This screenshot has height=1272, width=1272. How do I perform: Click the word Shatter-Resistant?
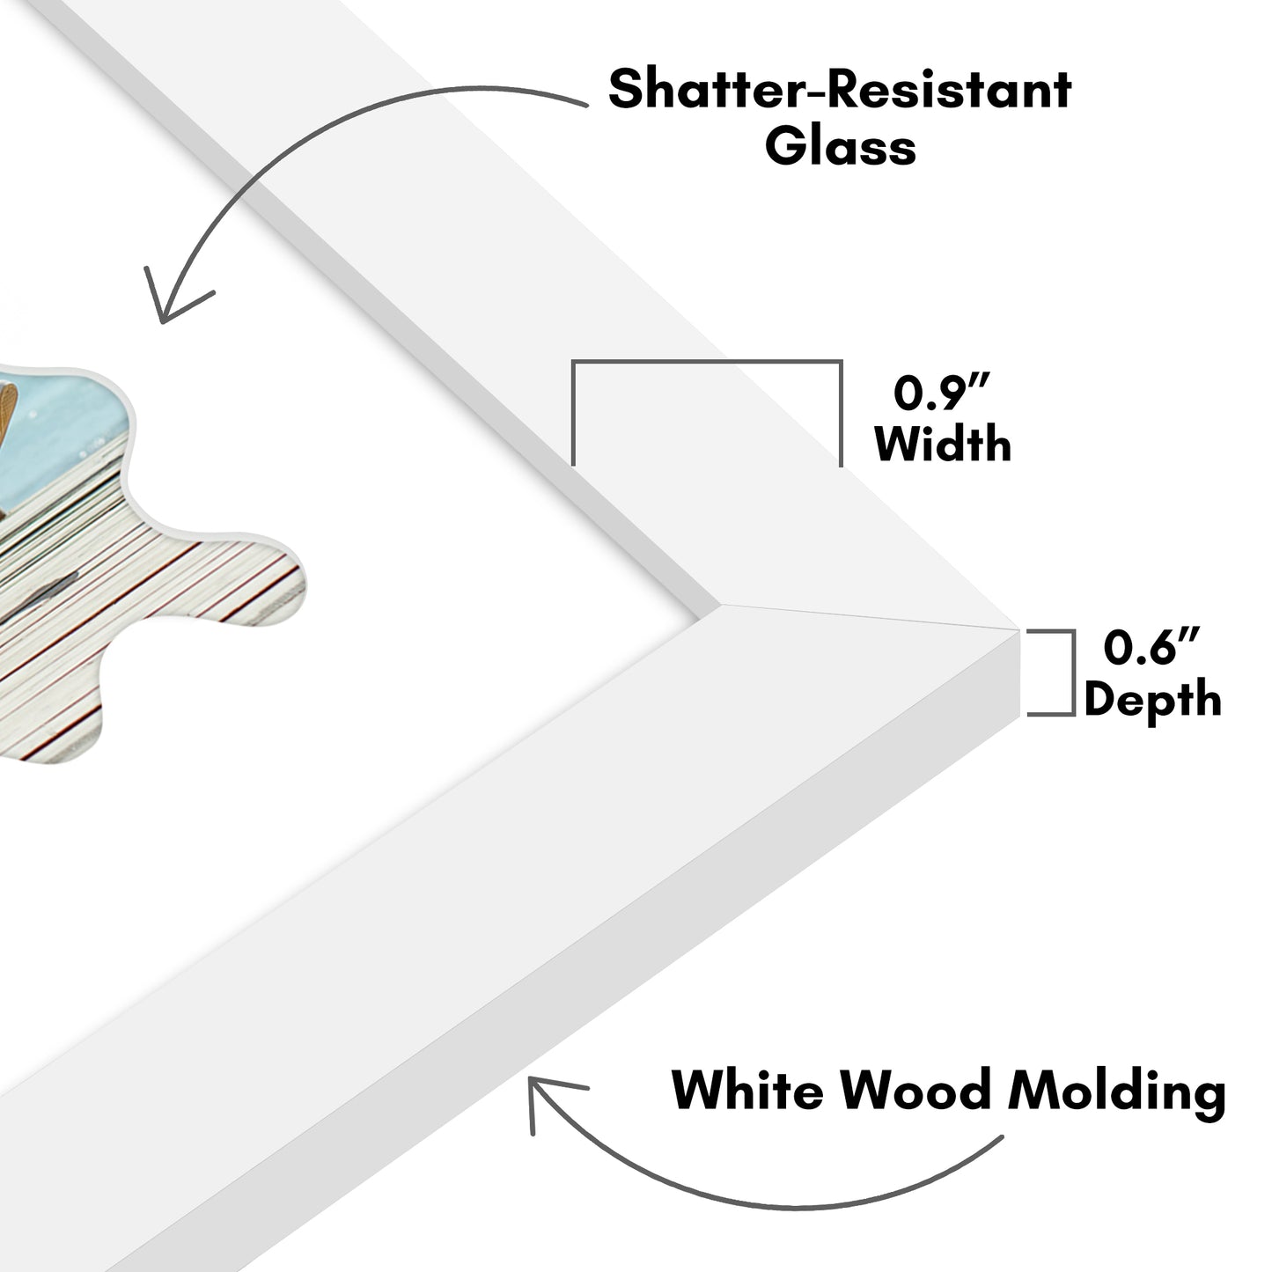point(840,90)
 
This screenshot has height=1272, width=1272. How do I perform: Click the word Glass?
point(840,146)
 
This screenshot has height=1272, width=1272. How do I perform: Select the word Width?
point(943,444)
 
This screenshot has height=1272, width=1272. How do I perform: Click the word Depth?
point(1151,700)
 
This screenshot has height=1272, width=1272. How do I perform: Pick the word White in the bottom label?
point(747,1091)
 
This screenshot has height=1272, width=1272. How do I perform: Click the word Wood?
point(915,1091)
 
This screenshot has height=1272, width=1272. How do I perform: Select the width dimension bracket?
point(707,363)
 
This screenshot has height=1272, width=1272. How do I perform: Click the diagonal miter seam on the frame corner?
point(867,616)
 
